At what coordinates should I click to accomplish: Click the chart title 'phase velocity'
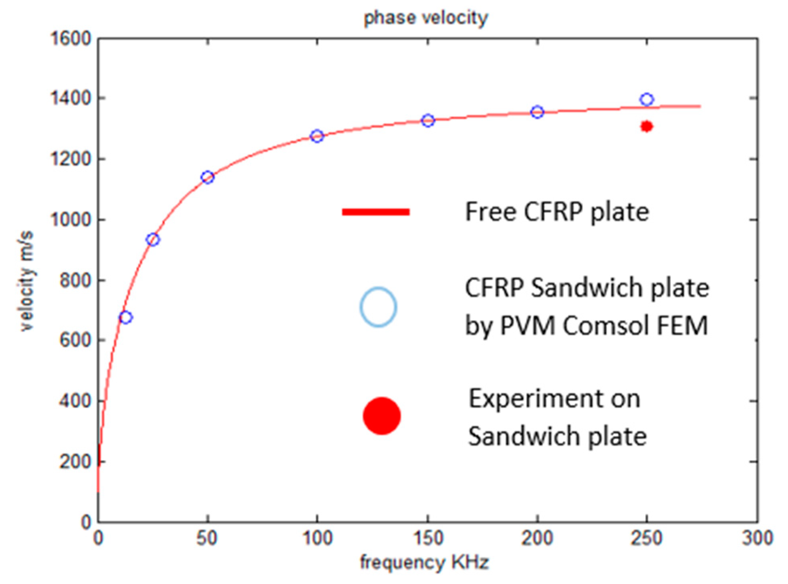[425, 18]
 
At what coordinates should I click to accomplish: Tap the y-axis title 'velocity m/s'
[26, 281]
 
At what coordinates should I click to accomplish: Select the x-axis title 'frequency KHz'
[424, 562]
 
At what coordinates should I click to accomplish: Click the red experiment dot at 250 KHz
[646, 127]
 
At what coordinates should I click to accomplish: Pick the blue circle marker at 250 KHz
[647, 100]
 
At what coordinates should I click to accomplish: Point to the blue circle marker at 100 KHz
[317, 136]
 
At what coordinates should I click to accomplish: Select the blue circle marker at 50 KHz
[207, 177]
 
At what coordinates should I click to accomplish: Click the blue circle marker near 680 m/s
[125, 318]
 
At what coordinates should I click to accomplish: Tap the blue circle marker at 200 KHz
[537, 112]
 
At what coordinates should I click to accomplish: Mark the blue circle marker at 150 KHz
[428, 121]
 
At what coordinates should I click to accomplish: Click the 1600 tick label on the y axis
[71, 39]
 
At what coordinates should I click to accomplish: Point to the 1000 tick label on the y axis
[71, 219]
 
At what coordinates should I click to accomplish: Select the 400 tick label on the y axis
[75, 401]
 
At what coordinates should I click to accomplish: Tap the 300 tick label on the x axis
[757, 538]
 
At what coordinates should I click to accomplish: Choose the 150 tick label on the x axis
[428, 538]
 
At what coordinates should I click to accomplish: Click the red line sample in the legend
[375, 212]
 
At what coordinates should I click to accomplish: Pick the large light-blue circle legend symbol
[378, 307]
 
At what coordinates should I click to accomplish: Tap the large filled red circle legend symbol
[381, 416]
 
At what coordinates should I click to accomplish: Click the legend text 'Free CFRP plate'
[557, 212]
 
